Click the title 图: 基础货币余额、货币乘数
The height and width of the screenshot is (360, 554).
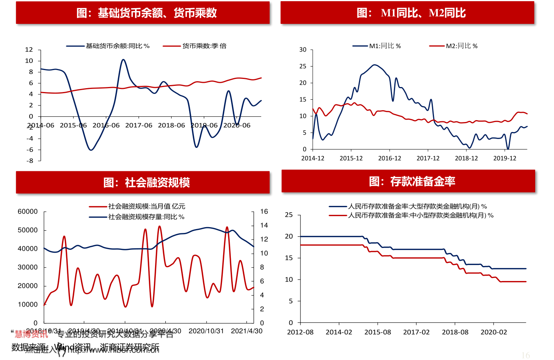146,13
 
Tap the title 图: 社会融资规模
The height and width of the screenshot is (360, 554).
146,183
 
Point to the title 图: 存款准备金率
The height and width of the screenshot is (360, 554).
412,181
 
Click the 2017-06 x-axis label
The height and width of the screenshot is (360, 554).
138,126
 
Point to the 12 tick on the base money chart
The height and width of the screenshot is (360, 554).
29,50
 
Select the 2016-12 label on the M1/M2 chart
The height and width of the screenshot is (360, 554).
389,158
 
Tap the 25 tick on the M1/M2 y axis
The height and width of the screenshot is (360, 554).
303,66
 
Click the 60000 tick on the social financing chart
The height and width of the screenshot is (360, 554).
28,211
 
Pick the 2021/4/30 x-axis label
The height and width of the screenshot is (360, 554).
247,331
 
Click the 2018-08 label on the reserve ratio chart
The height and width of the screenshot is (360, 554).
455,332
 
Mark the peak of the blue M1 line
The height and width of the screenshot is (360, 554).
374,65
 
